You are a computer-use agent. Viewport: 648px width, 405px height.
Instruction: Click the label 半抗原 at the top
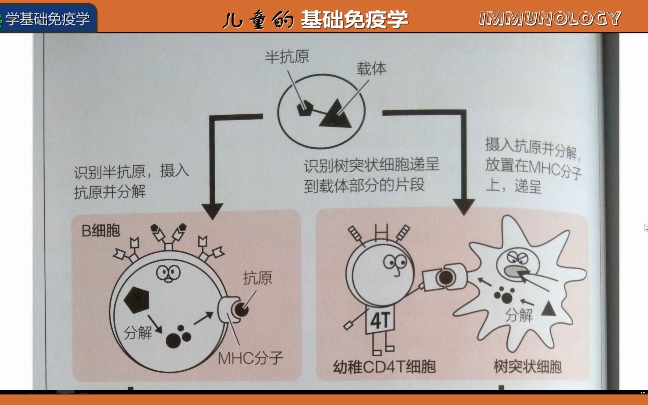click(x=287, y=57)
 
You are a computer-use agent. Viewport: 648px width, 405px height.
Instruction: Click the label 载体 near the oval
click(x=371, y=69)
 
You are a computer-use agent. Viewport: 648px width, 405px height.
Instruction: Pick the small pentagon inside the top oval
click(x=304, y=108)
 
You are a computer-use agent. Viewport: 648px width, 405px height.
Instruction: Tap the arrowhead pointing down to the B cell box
click(x=212, y=211)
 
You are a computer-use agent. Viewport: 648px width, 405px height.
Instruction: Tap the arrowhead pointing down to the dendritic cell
click(x=464, y=207)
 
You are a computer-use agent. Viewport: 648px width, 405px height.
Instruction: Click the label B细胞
click(x=100, y=231)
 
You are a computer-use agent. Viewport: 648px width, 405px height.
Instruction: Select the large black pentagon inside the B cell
click(x=137, y=300)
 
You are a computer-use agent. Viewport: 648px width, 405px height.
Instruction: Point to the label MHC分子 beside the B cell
click(x=250, y=358)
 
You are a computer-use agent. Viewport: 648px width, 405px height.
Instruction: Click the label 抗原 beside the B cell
click(x=258, y=278)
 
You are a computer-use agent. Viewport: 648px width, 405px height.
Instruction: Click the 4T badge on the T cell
click(x=380, y=321)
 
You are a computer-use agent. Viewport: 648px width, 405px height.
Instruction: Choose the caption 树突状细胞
click(x=527, y=366)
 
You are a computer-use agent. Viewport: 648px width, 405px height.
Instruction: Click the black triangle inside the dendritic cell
click(x=548, y=309)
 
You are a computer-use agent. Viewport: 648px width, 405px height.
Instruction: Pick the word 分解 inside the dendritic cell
click(x=519, y=315)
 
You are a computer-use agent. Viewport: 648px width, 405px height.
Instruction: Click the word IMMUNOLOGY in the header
click(x=550, y=18)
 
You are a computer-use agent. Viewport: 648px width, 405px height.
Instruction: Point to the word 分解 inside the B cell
click(x=138, y=332)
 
